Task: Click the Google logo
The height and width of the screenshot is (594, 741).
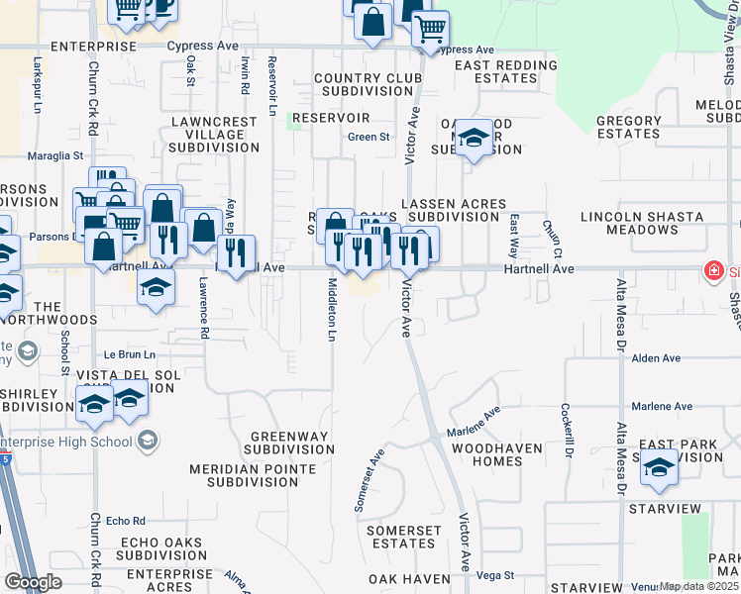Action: [x=33, y=582]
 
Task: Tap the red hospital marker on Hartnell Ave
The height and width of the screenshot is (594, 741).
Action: [x=711, y=270]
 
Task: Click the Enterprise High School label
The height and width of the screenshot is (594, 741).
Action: [x=79, y=440]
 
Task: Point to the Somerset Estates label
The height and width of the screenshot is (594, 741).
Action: [x=403, y=538]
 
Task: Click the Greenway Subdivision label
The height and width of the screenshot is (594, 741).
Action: [x=291, y=443]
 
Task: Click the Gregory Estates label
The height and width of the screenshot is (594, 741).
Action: [x=628, y=128]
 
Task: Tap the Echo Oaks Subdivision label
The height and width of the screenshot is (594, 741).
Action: [x=160, y=549]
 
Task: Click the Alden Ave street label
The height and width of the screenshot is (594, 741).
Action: [x=657, y=358]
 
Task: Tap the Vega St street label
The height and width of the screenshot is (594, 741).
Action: [x=495, y=575]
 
